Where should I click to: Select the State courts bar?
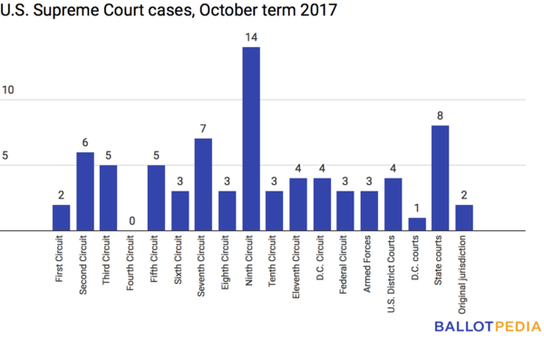(x=440, y=178)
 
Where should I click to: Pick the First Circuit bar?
(x=61, y=218)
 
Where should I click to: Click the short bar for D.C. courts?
(x=416, y=224)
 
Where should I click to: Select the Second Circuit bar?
(x=84, y=191)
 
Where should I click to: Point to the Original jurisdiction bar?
(x=463, y=218)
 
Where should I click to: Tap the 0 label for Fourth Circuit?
(x=132, y=221)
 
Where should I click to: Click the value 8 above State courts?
(x=440, y=115)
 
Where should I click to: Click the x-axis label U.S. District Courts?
(x=393, y=269)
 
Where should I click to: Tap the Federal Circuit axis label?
(x=345, y=262)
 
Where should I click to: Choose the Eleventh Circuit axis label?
(x=298, y=264)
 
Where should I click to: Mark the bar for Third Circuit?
(x=108, y=198)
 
